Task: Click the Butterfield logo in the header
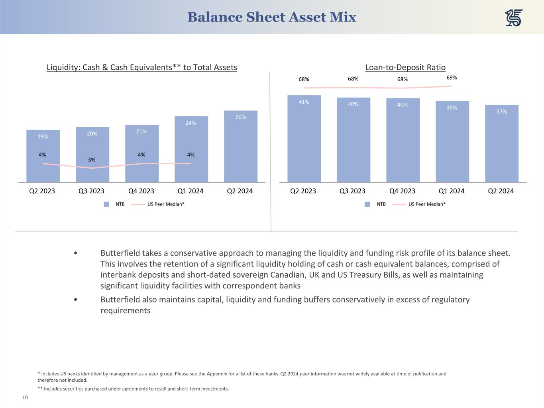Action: point(514,18)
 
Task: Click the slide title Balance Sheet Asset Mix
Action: point(271,17)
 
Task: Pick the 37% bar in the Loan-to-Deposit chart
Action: point(501,143)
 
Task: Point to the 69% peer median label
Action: point(452,78)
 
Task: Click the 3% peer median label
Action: point(92,160)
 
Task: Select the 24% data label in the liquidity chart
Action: point(190,123)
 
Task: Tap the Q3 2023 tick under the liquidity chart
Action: point(92,191)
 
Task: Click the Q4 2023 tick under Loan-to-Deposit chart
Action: point(402,191)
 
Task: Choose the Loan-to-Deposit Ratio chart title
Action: point(405,67)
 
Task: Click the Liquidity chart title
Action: point(142,67)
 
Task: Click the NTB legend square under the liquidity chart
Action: point(106,204)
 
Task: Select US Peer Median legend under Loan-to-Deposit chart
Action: point(427,204)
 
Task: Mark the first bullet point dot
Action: point(76,253)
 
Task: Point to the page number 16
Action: point(25,397)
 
